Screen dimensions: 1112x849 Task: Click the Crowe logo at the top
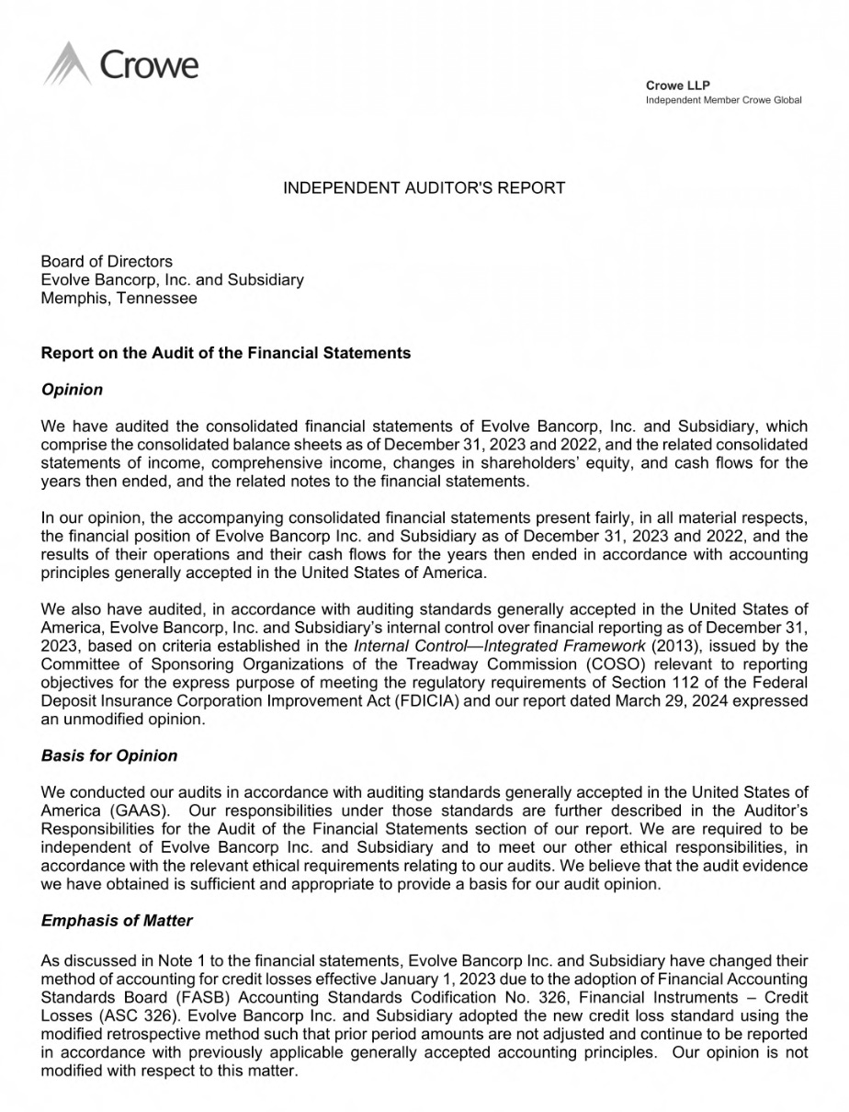coord(120,64)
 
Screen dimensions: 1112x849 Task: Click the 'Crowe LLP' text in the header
coord(678,85)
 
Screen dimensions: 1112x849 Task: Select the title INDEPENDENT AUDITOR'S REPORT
coord(424,188)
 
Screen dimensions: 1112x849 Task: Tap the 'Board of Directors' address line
coord(107,262)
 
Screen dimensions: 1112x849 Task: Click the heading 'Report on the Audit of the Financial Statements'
coord(226,353)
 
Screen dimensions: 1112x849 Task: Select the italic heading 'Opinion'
coord(73,390)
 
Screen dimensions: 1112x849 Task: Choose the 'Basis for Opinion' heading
coord(109,755)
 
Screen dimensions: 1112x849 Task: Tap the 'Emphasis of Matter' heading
coord(117,920)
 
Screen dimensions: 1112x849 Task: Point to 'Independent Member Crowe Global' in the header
coord(723,100)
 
